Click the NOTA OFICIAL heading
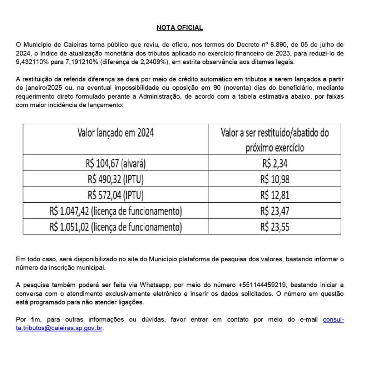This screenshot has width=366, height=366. coord(180,28)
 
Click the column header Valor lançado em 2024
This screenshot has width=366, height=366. coord(115,133)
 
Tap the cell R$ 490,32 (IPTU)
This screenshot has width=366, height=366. coord(115,179)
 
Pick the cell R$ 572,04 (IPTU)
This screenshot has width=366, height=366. coord(115,195)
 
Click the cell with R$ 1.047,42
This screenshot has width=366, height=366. coord(115,211)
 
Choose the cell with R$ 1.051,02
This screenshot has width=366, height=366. coord(115,227)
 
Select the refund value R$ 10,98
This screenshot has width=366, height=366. coord(274,179)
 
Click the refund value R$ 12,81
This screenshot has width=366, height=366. coord(274,195)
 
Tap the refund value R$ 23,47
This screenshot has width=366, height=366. coord(274,211)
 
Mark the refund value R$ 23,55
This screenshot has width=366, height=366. coord(274,227)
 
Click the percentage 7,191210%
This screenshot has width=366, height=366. coord(83,62)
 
